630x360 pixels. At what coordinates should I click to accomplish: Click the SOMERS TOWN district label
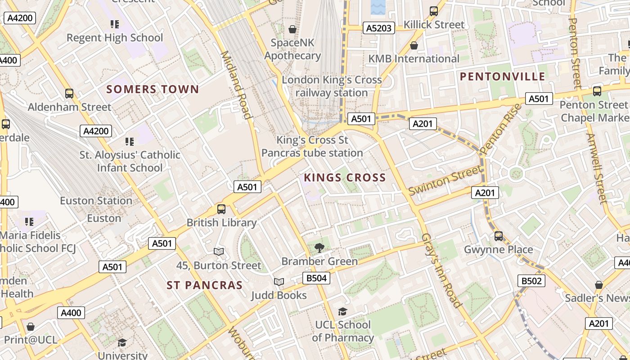point(153,89)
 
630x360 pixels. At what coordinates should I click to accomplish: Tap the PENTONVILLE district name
point(503,76)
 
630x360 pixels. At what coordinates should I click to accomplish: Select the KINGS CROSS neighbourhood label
point(345,177)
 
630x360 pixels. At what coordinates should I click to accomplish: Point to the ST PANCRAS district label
point(205,285)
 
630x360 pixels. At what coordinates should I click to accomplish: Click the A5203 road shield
point(379,28)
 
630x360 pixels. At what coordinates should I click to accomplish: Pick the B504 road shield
point(316,278)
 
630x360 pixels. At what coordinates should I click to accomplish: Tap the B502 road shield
point(531,281)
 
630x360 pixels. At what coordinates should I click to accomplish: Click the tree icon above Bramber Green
point(319,247)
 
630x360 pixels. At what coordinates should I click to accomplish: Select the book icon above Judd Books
point(279,282)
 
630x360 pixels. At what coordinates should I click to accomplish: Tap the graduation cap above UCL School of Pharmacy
point(343,311)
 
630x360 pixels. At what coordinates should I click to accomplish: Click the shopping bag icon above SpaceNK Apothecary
point(292,29)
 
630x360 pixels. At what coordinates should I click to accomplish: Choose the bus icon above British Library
point(221,209)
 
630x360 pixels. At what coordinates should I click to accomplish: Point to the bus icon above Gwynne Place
point(499,236)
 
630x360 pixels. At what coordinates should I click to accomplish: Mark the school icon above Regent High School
point(115,24)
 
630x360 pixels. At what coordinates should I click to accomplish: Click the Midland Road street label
point(236,85)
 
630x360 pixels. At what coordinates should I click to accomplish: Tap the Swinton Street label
point(444,181)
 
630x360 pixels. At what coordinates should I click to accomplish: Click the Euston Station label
point(96,201)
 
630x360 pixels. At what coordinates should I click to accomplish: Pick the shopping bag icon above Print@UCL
point(31,326)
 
